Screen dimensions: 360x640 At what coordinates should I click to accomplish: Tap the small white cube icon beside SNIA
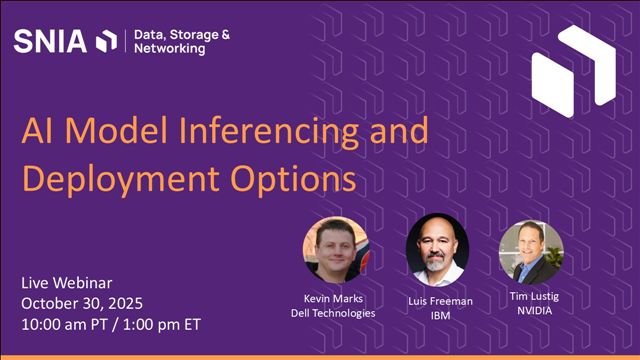point(106,41)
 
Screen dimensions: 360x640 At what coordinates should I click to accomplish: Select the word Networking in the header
point(166,50)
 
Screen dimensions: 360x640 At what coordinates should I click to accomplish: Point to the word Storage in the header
point(195,34)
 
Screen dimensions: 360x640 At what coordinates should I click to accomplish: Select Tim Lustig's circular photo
point(531,251)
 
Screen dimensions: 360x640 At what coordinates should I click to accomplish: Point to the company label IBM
point(438,313)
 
